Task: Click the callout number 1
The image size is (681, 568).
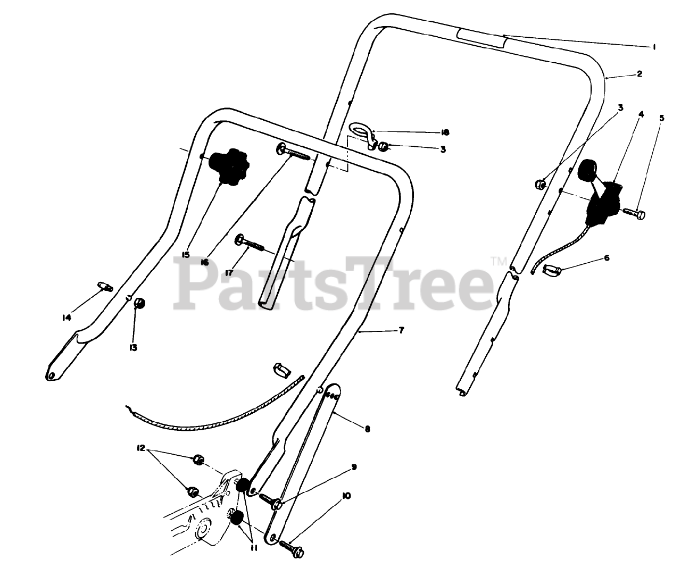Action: click(x=654, y=47)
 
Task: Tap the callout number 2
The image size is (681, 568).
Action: click(x=640, y=74)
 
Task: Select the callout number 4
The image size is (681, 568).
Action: click(x=641, y=114)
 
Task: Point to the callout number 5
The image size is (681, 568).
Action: click(x=662, y=119)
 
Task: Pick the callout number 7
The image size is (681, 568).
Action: click(x=401, y=331)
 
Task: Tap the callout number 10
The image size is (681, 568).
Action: click(x=346, y=496)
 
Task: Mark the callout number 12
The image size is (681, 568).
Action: click(x=140, y=448)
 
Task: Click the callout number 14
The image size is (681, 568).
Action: click(x=66, y=318)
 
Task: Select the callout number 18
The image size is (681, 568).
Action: click(x=445, y=132)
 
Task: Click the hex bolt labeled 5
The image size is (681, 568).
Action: click(x=634, y=214)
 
